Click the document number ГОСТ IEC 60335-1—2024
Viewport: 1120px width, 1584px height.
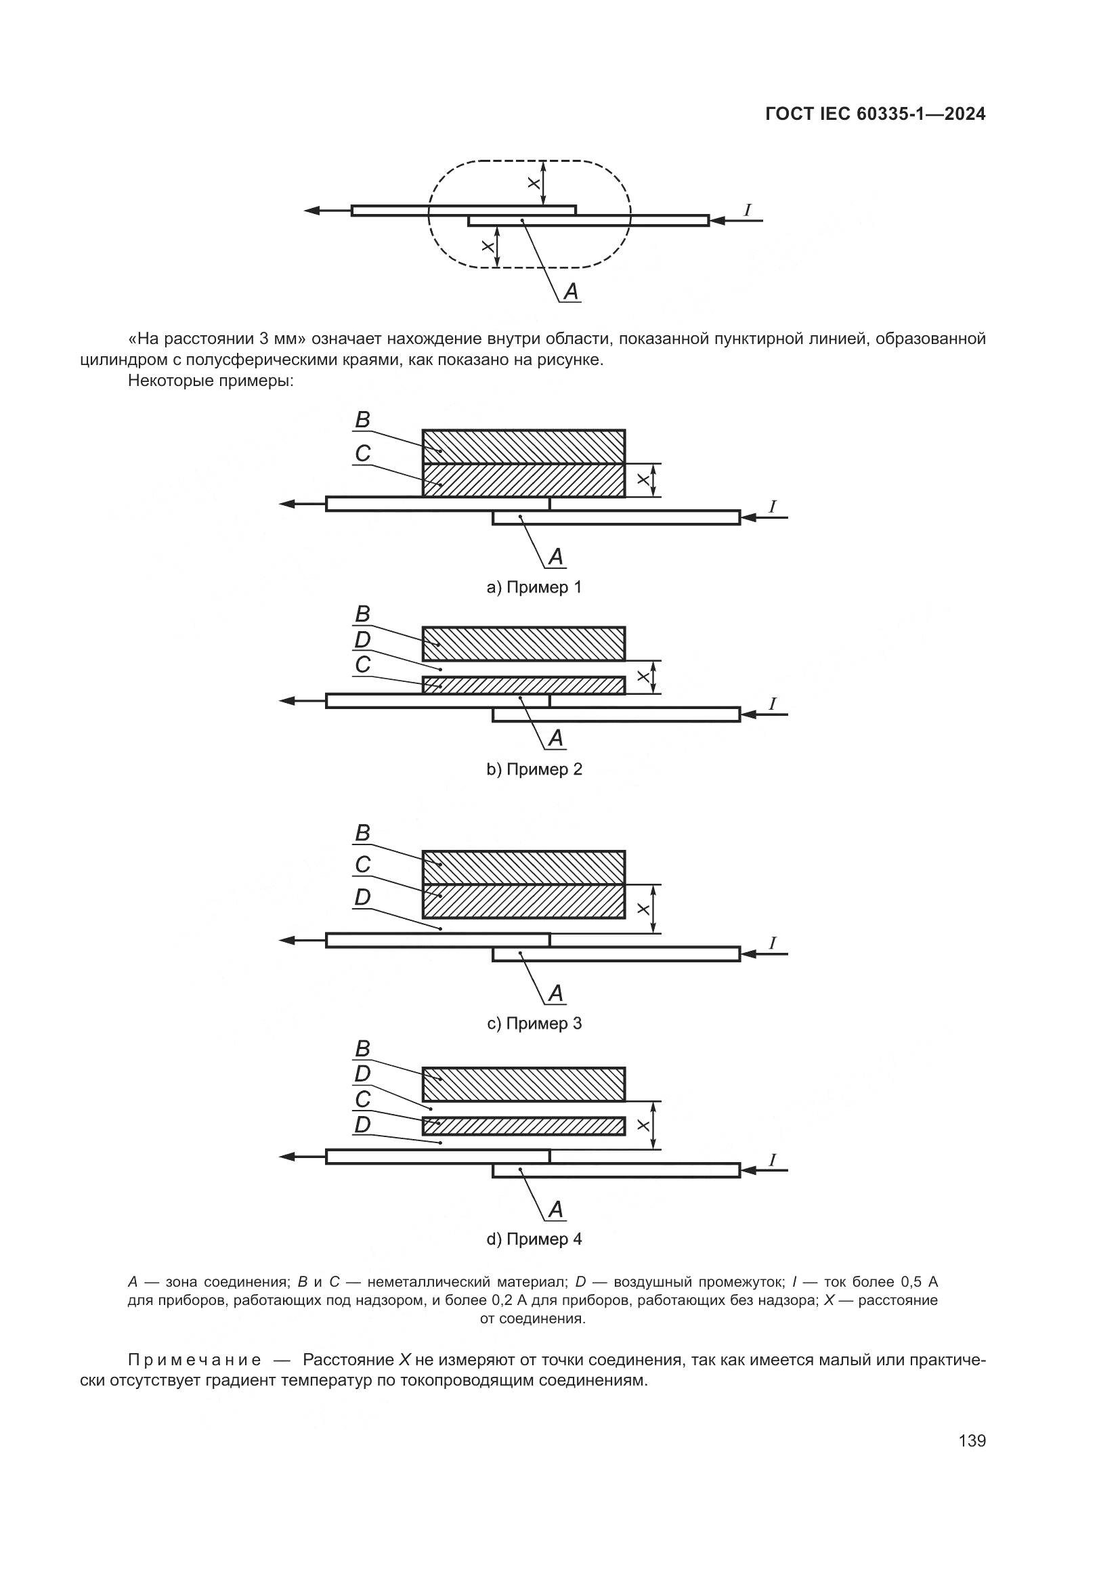click(x=875, y=114)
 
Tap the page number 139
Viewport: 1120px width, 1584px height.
click(x=972, y=1440)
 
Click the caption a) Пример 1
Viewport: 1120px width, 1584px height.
click(x=534, y=587)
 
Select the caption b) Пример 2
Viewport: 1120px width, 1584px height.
click(x=534, y=769)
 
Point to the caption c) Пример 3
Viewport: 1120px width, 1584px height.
click(x=534, y=1023)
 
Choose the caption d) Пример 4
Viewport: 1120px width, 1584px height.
click(x=534, y=1239)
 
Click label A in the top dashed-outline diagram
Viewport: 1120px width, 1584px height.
click(x=571, y=292)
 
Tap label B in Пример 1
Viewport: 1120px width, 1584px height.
click(x=362, y=419)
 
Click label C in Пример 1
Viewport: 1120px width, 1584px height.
click(x=362, y=453)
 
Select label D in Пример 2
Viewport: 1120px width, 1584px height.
click(x=362, y=640)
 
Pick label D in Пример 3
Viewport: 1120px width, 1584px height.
click(x=362, y=897)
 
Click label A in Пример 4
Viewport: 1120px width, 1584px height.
click(x=556, y=1210)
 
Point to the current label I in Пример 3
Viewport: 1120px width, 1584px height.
click(x=773, y=943)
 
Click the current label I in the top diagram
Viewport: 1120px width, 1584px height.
click(x=748, y=209)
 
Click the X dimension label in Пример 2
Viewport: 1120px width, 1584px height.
click(x=643, y=677)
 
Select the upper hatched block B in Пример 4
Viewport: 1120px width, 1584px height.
click(x=523, y=1084)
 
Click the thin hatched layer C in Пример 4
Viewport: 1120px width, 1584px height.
click(x=523, y=1126)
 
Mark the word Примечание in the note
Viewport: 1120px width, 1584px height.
click(x=194, y=1361)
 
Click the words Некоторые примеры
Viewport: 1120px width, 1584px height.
click(x=211, y=381)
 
